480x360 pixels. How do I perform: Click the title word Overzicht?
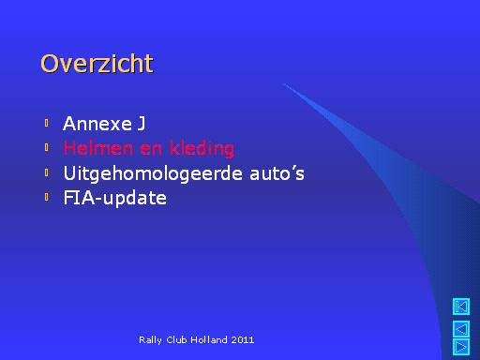[97, 64]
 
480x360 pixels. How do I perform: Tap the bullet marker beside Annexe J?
[47, 123]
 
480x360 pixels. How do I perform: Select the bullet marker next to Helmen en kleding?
[47, 147]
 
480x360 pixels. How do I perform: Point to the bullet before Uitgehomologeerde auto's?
[47, 172]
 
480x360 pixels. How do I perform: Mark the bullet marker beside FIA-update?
[47, 197]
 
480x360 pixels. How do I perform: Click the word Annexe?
[97, 124]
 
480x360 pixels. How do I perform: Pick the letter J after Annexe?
[142, 124]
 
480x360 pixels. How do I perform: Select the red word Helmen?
[98, 148]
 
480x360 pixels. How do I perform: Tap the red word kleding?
[202, 148]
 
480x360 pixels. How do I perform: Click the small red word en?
[151, 149]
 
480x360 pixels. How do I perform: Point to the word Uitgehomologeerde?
[153, 173]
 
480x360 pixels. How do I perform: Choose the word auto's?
[277, 173]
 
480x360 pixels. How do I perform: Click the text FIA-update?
[115, 198]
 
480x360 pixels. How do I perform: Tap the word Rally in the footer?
[150, 340]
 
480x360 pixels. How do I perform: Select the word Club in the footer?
[176, 339]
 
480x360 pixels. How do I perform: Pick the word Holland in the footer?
[209, 339]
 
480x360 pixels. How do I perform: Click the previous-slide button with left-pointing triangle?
[461, 329]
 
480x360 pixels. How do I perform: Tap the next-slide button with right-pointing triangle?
[461, 347]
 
